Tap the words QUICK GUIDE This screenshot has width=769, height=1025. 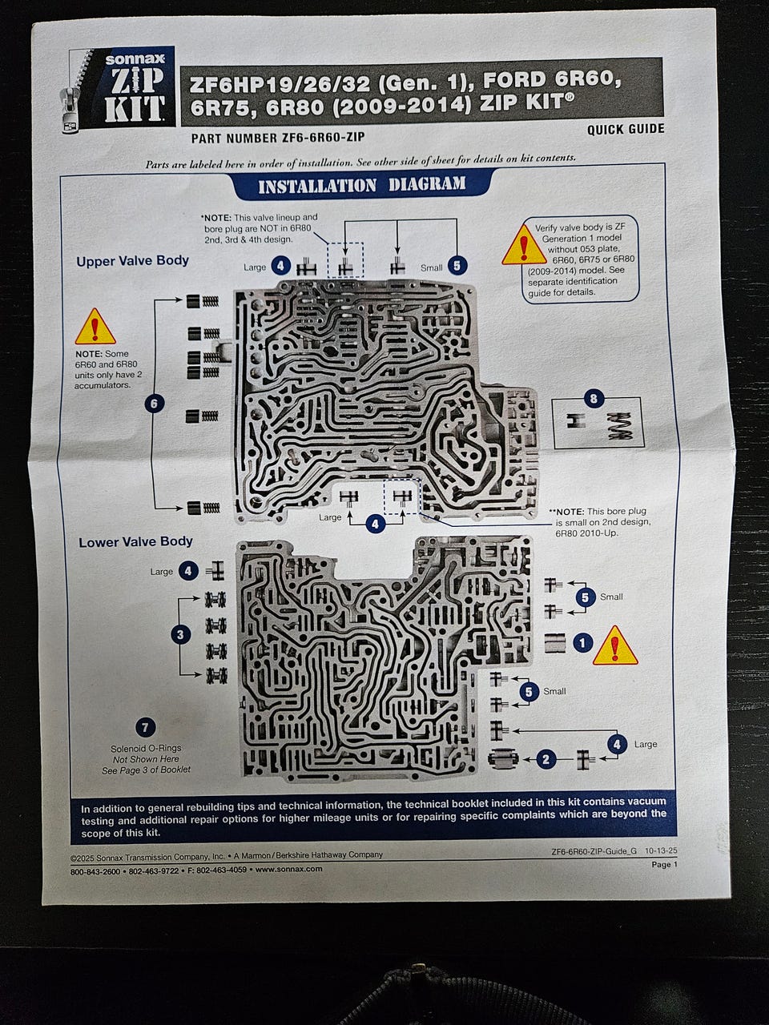[x=626, y=129]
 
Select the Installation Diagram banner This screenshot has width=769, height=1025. [x=362, y=185]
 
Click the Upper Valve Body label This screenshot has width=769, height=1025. [x=133, y=260]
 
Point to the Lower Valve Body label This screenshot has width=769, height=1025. [x=135, y=541]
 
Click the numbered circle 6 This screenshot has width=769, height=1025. [x=154, y=403]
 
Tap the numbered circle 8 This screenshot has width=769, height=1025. [x=594, y=399]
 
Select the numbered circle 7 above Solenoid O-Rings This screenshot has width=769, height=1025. [x=145, y=727]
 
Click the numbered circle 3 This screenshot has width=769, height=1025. [x=180, y=634]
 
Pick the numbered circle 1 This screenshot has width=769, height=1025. [x=582, y=643]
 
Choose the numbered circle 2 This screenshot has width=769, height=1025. [x=546, y=759]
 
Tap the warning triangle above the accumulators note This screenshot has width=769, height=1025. [x=95, y=327]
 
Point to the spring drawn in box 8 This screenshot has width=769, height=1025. [x=619, y=426]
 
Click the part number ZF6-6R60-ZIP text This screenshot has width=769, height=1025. [x=278, y=138]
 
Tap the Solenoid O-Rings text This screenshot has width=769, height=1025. [x=146, y=748]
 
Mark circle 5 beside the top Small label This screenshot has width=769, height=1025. [x=457, y=266]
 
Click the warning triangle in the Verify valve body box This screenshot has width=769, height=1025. [x=525, y=246]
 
